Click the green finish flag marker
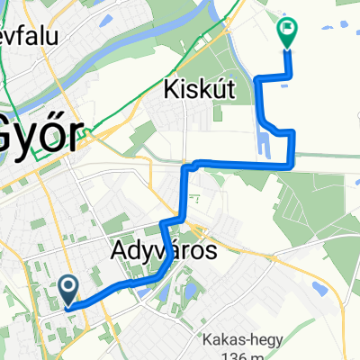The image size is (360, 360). coord(288,32)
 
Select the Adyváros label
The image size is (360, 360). coord(166,251)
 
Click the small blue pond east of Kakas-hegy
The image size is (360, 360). coord(317,288)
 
